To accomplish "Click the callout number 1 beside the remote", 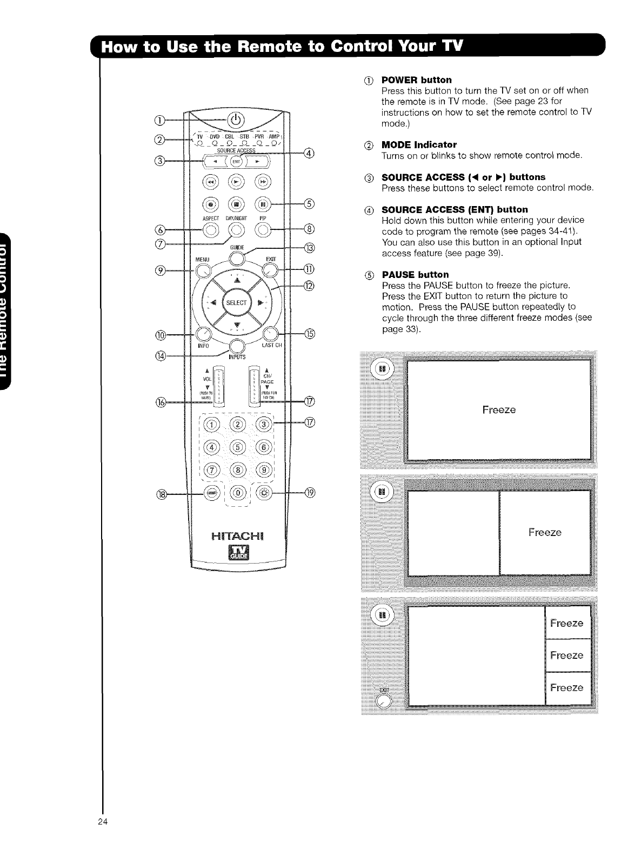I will point(160,120).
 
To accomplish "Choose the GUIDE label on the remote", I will point(237,248).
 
